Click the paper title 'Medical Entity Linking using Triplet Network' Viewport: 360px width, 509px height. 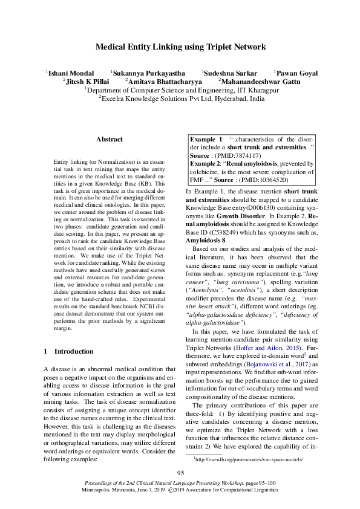[x=180, y=47]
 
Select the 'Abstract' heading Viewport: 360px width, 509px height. [x=109, y=139]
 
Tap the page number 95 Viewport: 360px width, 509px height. [x=180, y=473]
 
